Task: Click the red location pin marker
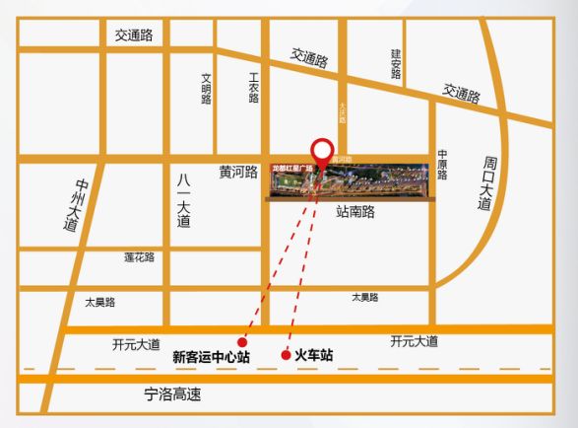pos(321,152)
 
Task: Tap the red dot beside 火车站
pos(286,355)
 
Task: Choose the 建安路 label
pos(396,65)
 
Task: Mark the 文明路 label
pos(207,88)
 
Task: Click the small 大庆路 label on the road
pos(343,112)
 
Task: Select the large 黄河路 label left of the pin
pos(237,170)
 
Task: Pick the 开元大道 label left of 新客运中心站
pos(136,345)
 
